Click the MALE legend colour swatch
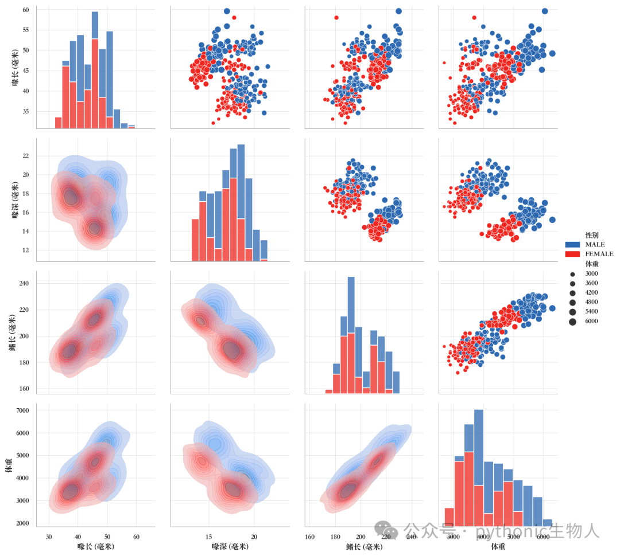(x=572, y=244)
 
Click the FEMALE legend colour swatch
(x=572, y=254)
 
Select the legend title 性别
(x=592, y=235)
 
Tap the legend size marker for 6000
(x=572, y=322)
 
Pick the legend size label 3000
(x=591, y=273)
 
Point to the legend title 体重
(x=592, y=264)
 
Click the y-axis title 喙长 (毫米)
(x=15, y=68)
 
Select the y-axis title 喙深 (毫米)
(x=15, y=200)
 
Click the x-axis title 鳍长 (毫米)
(x=364, y=546)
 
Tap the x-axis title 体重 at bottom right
(x=498, y=546)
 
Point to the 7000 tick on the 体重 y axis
(x=22, y=410)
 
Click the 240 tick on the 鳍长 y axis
(x=24, y=283)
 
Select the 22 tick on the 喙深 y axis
(x=26, y=156)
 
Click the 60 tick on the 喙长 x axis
(x=137, y=537)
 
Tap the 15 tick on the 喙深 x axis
(x=209, y=537)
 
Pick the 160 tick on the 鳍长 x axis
(x=309, y=537)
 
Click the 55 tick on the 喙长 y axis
(x=26, y=30)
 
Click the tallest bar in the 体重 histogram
(x=478, y=468)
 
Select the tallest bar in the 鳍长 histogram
(x=351, y=335)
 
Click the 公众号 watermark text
(x=430, y=530)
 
